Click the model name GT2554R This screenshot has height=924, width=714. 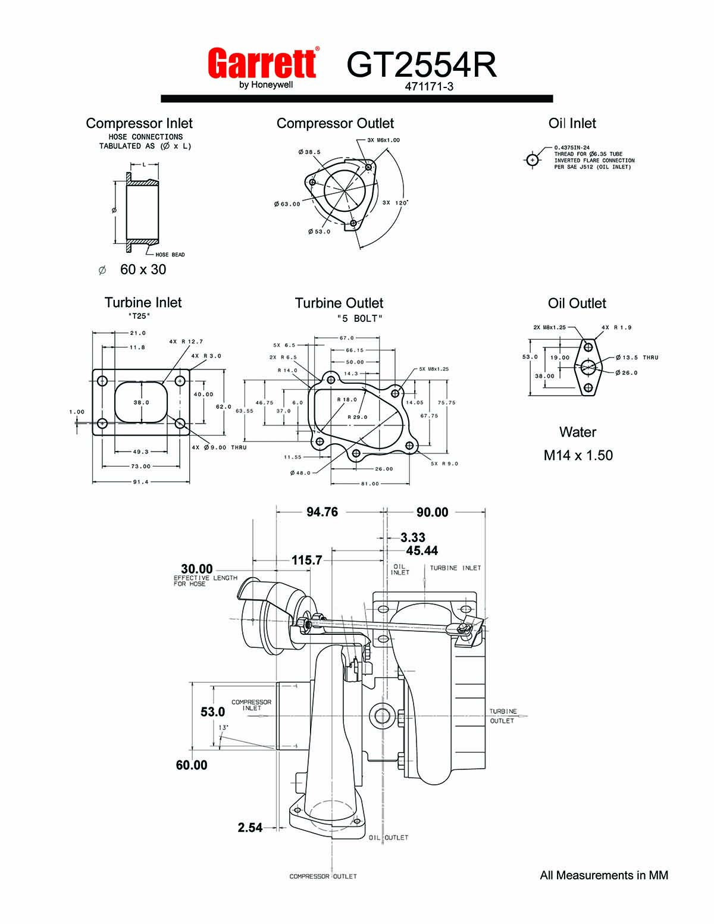pos(421,65)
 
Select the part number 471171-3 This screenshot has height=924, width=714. pos(428,87)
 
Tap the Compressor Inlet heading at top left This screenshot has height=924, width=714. pos(139,123)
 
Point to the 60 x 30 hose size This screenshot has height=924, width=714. pos(143,269)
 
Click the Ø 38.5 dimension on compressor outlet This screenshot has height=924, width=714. pos(309,152)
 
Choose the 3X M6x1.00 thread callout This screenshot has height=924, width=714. pos(383,140)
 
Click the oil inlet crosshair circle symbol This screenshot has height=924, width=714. pos(532,160)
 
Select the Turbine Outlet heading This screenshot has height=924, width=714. pos(339,303)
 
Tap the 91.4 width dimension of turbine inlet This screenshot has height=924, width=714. pos(141,482)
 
